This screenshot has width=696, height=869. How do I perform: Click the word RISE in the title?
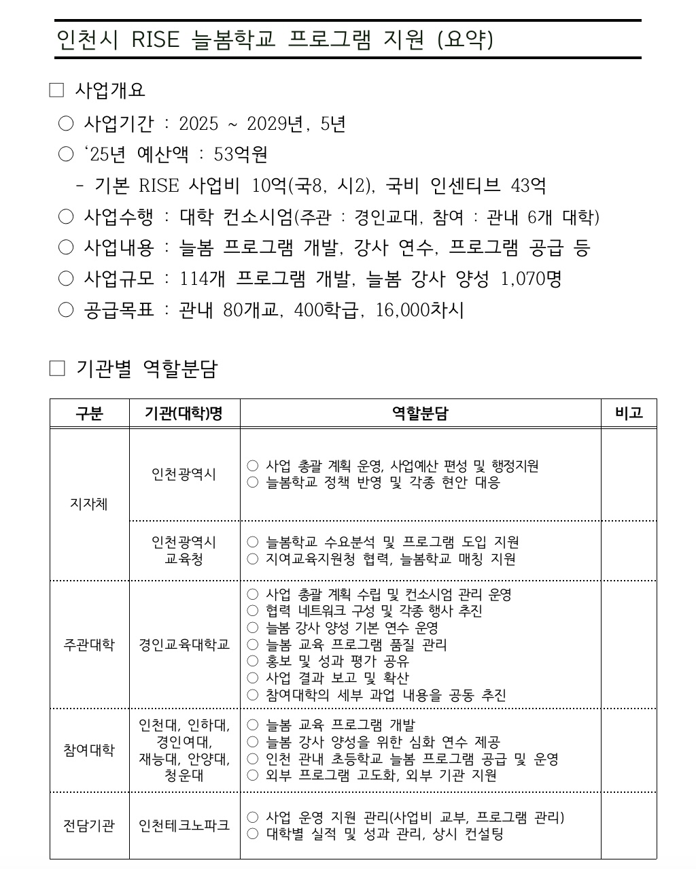pyautogui.click(x=156, y=39)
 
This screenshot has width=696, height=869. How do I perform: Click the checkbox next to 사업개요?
pyautogui.click(x=56, y=90)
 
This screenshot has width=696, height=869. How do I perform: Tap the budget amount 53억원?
pyautogui.click(x=241, y=154)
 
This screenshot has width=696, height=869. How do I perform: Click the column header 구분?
pyautogui.click(x=89, y=413)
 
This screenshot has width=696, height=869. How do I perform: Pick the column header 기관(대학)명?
pyautogui.click(x=184, y=413)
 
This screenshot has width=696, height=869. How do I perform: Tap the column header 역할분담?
pyautogui.click(x=420, y=413)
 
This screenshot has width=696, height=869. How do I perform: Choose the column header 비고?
pyautogui.click(x=628, y=413)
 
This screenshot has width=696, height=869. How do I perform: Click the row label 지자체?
pyautogui.click(x=89, y=504)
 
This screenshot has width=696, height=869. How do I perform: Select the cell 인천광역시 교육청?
pyautogui.click(x=184, y=551)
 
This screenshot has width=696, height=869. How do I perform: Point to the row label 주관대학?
pyautogui.click(x=89, y=644)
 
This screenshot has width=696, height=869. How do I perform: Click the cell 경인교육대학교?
pyautogui.click(x=184, y=644)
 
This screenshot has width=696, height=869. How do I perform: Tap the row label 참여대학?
pyautogui.click(x=89, y=750)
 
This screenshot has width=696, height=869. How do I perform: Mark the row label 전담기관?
pyautogui.click(x=89, y=825)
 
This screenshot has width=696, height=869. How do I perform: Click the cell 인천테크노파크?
pyautogui.click(x=184, y=825)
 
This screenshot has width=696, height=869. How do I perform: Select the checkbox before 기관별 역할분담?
pyautogui.click(x=57, y=369)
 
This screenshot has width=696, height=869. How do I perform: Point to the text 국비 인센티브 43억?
pyautogui.click(x=466, y=186)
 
